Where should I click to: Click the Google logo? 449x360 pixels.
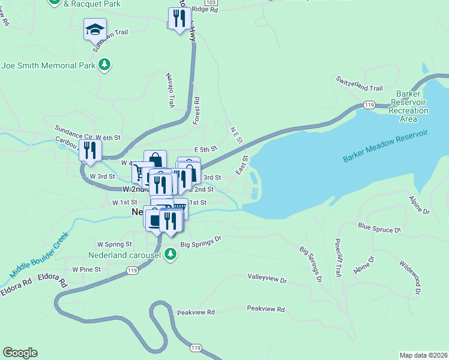point(20,353)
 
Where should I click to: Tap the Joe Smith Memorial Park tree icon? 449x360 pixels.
point(105,64)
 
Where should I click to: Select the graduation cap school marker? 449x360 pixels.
point(95,29)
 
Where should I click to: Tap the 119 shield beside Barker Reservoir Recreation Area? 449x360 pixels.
point(369,105)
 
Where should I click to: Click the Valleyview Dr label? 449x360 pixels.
point(267,279)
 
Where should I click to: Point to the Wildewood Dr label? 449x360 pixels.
point(410,278)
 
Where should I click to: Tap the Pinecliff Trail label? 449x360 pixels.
point(339,257)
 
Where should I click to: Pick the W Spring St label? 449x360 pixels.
point(110,244)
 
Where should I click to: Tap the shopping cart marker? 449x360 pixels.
point(140,173)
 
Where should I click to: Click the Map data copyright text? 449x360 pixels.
point(423,354)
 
